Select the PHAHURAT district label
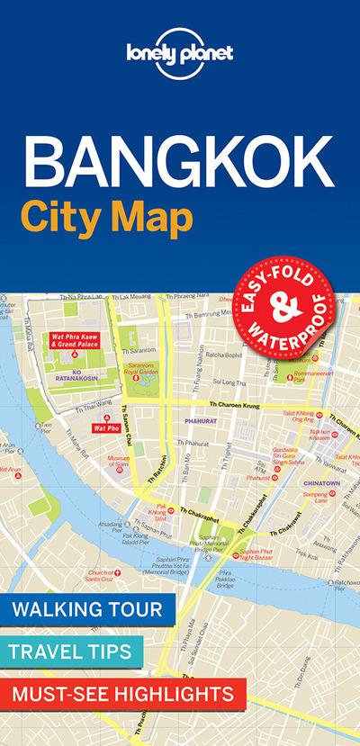coord(195,418)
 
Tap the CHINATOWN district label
coord(316,482)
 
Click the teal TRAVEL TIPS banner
coord(71,651)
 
